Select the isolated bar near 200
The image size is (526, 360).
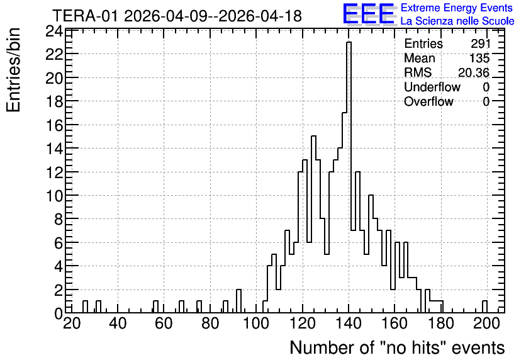click(x=484, y=307)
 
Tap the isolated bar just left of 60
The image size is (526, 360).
click(x=155, y=307)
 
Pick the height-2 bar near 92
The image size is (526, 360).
click(x=239, y=301)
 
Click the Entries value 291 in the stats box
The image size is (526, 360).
click(x=480, y=43)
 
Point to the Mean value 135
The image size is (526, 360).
click(x=479, y=58)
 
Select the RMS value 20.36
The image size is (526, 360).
click(x=474, y=72)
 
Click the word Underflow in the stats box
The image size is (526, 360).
click(x=432, y=87)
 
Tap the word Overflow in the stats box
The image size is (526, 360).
click(x=428, y=101)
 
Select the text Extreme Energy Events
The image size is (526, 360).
click(x=457, y=8)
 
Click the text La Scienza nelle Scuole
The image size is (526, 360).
click(x=457, y=21)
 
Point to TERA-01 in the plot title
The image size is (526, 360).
click(x=86, y=16)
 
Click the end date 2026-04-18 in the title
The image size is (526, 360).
click(x=260, y=16)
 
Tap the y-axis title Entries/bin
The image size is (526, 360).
click(x=13, y=70)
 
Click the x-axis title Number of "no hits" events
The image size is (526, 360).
click(x=397, y=347)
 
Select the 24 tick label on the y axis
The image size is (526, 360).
click(x=54, y=31)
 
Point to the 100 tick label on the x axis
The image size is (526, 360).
click(x=256, y=323)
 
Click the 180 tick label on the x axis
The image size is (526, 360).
click(x=441, y=323)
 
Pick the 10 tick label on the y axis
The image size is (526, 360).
click(x=54, y=196)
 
